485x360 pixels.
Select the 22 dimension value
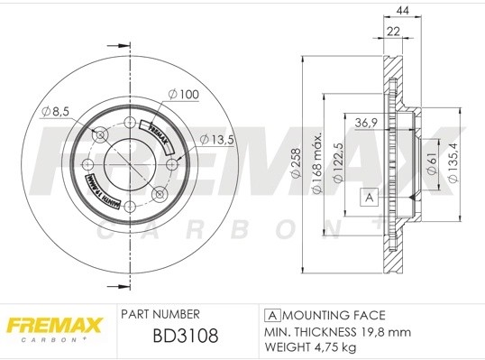click(x=394, y=31)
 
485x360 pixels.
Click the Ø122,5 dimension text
click(x=335, y=162)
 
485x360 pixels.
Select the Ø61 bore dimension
click(x=432, y=163)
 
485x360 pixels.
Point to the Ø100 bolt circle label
click(x=183, y=93)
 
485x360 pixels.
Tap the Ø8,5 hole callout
click(x=56, y=111)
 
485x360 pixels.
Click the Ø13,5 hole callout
click(x=217, y=139)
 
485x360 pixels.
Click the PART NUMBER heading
click(x=160, y=315)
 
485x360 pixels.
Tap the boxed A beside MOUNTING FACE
click(x=271, y=315)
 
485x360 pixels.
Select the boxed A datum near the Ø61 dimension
click(x=368, y=198)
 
